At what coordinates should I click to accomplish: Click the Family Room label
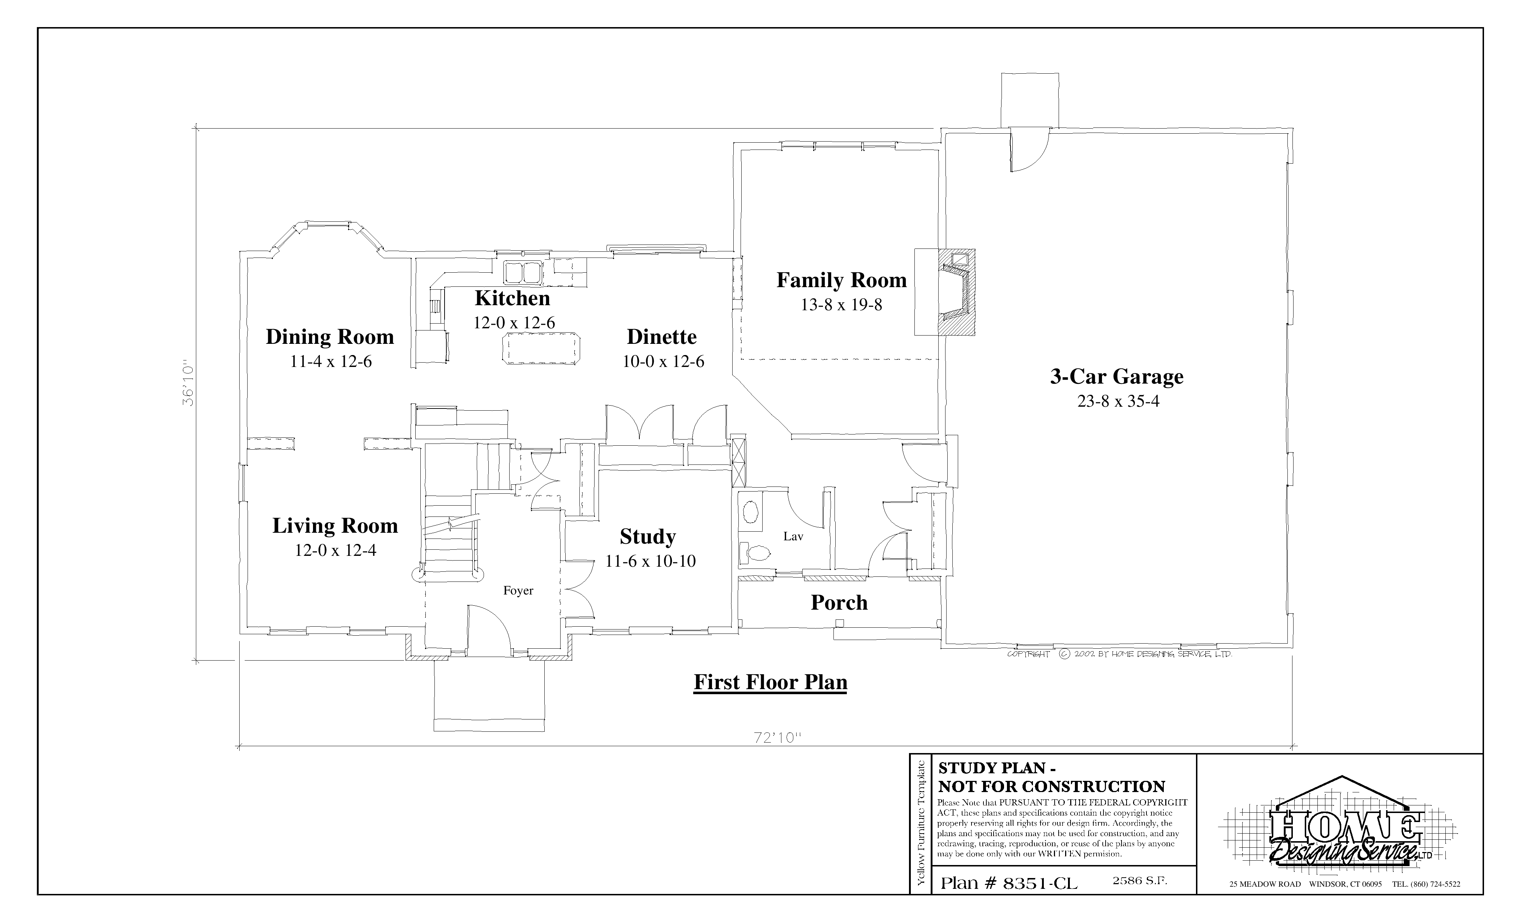(x=841, y=280)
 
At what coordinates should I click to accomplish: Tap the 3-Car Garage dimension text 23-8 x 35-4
(x=1118, y=401)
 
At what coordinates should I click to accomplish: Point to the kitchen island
(x=542, y=349)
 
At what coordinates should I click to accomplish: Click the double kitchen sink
(x=522, y=271)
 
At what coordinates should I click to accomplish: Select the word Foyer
(x=518, y=591)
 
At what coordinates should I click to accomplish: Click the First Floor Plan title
(x=770, y=682)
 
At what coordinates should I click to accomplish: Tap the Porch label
(x=839, y=603)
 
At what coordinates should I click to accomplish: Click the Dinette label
(x=662, y=337)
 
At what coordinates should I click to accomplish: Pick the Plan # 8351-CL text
(x=1009, y=883)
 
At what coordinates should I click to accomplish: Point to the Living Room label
(x=335, y=526)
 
